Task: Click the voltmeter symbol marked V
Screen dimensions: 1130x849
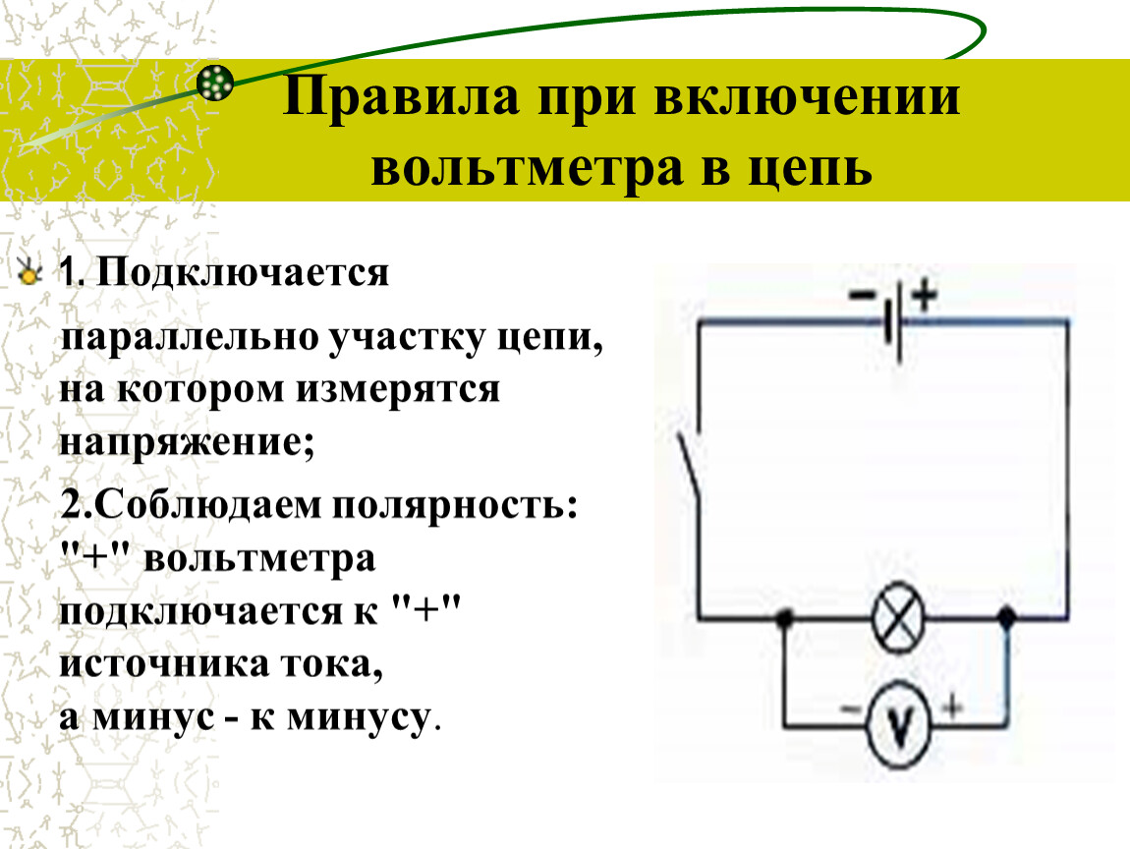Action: click(x=898, y=723)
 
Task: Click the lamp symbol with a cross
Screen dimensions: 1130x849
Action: click(x=897, y=618)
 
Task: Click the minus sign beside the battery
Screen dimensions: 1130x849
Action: click(x=862, y=295)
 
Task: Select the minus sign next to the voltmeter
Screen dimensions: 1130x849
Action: click(x=850, y=709)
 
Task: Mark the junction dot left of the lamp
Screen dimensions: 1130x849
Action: click(x=785, y=618)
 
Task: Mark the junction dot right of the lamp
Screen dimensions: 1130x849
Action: click(x=1006, y=617)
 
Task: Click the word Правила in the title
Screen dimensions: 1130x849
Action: click(x=401, y=96)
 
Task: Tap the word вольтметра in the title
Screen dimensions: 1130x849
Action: click(x=527, y=169)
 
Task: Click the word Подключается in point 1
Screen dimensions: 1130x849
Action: click(x=242, y=273)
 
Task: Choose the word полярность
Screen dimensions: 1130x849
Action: click(x=455, y=505)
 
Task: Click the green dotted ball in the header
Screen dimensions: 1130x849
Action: click(x=215, y=83)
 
